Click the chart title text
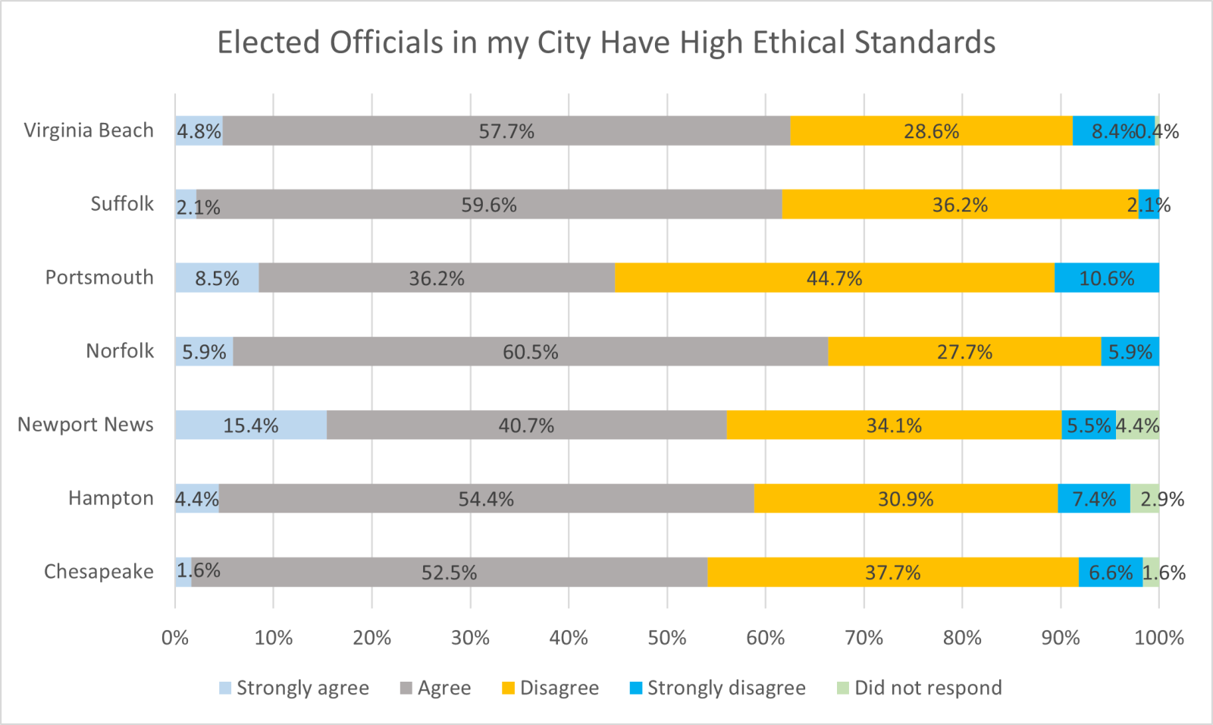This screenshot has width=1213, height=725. tap(606, 42)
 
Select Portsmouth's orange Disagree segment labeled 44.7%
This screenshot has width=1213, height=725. tap(834, 278)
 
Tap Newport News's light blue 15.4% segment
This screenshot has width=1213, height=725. tap(250, 425)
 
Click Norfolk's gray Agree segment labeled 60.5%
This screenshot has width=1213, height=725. tap(530, 351)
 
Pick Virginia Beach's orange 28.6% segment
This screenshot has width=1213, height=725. tap(931, 130)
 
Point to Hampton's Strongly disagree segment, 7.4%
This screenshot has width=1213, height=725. tap(1093, 498)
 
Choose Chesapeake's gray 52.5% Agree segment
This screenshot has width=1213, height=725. tap(449, 572)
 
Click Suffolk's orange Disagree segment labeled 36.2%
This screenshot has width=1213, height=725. tap(960, 204)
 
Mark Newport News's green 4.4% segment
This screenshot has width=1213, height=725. tap(1137, 425)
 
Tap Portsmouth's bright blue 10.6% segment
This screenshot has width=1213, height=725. tap(1106, 278)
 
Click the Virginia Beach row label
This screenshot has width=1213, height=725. tap(89, 130)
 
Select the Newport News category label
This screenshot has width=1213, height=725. tap(86, 425)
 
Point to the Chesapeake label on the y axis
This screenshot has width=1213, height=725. tap(99, 572)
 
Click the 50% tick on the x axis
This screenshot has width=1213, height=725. tap(667, 638)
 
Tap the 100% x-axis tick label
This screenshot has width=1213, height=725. tap(1158, 638)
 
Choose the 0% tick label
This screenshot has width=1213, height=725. tap(175, 638)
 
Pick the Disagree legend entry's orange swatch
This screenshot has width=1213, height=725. tap(508, 689)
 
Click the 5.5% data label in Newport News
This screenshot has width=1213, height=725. tap(1088, 425)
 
